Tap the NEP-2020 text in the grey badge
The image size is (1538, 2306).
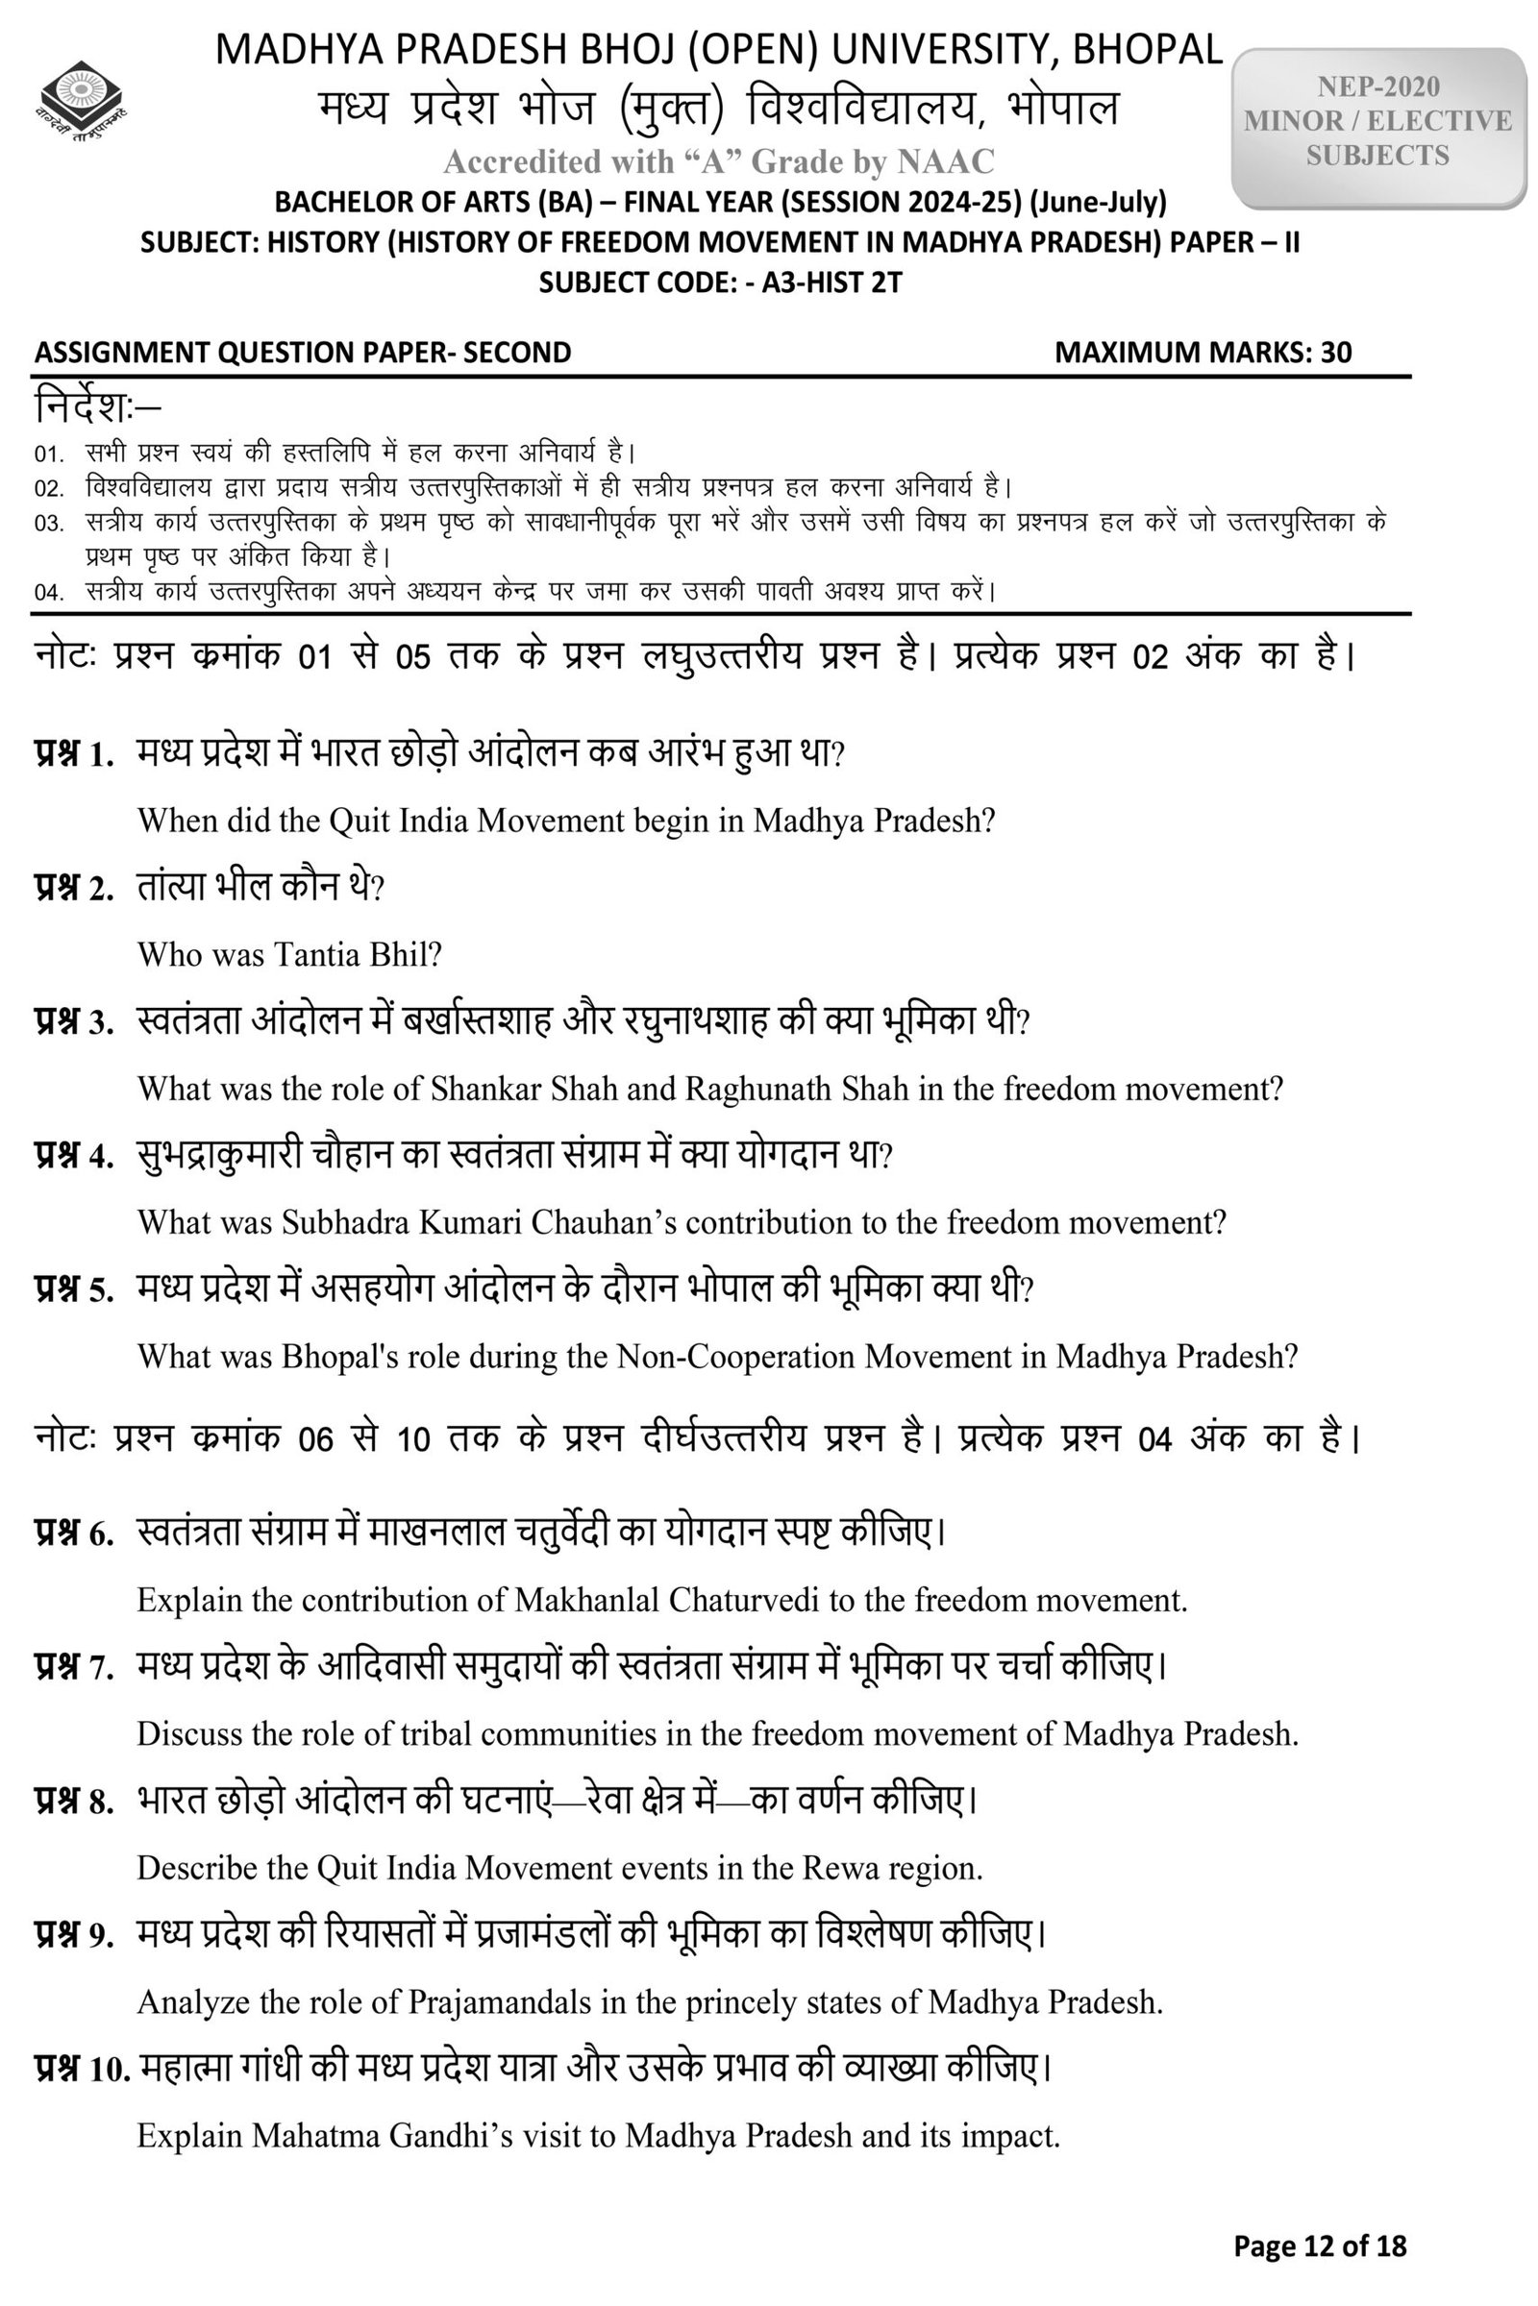1377,87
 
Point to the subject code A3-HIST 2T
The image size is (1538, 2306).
831,283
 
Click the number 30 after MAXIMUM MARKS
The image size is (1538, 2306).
1335,353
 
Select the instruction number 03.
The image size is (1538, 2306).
48,524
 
